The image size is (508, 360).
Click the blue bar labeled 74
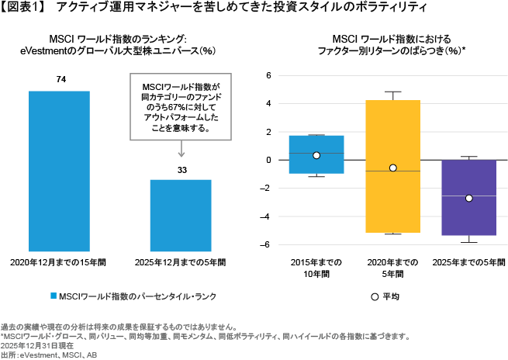[x=59, y=171]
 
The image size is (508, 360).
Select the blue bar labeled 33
[x=181, y=216]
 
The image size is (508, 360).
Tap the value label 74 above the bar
[x=61, y=79]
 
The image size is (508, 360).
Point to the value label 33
[x=182, y=170]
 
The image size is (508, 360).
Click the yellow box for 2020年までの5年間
[x=393, y=166]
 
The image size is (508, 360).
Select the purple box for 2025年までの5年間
[x=469, y=198]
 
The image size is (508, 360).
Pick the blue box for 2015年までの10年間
[x=316, y=154]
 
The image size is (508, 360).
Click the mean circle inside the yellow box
[x=393, y=168]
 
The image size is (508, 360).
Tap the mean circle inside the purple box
[x=468, y=199]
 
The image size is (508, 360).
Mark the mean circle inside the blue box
[x=316, y=155]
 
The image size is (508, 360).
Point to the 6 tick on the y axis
[x=268, y=75]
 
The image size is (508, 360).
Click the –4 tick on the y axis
[x=265, y=216]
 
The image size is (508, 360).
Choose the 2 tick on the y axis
[x=268, y=132]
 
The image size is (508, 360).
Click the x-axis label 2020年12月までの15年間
[x=58, y=262]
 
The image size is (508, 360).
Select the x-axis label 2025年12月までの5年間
[x=181, y=262]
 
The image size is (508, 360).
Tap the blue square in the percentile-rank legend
[x=54, y=296]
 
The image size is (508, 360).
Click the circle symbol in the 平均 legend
[x=375, y=297]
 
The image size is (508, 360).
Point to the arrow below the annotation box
[x=181, y=149]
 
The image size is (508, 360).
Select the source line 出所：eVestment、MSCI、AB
[x=49, y=355]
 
